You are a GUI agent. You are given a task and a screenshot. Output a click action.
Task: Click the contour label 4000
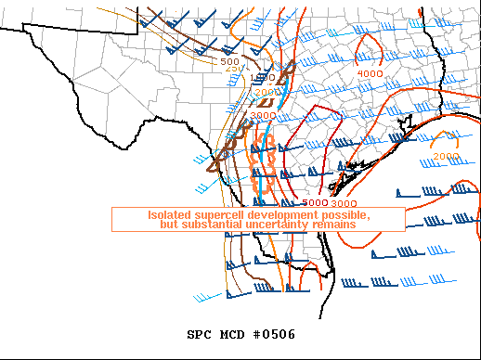pyautogui.click(x=370, y=73)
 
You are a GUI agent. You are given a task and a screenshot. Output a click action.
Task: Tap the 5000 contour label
pyautogui.click(x=316, y=202)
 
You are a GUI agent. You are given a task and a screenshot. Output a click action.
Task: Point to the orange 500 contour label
pyautogui.click(x=230, y=61)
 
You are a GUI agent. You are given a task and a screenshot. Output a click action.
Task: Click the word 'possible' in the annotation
pyautogui.click(x=345, y=215)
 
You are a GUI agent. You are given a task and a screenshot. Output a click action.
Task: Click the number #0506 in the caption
pyautogui.click(x=273, y=334)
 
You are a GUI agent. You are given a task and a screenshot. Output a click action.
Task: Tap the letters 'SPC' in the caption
pyautogui.click(x=198, y=334)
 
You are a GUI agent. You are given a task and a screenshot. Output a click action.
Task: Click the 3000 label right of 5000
pyautogui.click(x=344, y=202)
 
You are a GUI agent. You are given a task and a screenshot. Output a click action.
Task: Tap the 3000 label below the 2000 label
pyautogui.click(x=262, y=116)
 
